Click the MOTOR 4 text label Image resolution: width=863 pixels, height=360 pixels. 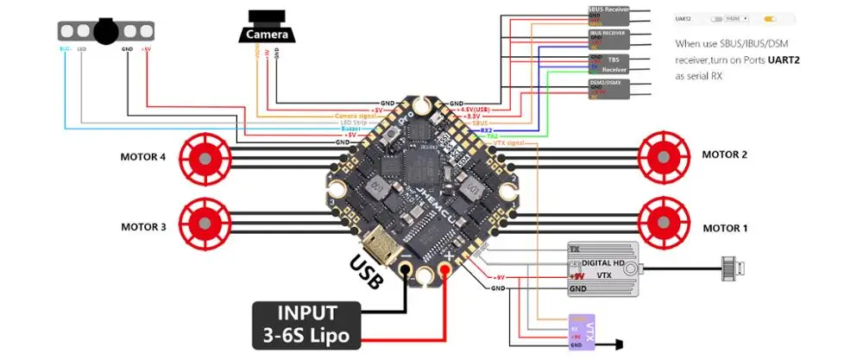pyautogui.click(x=146, y=157)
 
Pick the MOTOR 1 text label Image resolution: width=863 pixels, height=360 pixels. pyautogui.click(x=725, y=228)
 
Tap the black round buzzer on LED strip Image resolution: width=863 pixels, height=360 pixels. pyautogui.click(x=105, y=31)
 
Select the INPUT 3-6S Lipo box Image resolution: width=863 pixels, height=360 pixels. pyautogui.click(x=306, y=325)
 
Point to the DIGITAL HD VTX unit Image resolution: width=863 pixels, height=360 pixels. pyautogui.click(x=603, y=268)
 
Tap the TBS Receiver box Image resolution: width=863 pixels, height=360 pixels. pyautogui.click(x=608, y=64)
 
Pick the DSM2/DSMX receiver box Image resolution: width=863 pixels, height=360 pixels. pyautogui.click(x=608, y=88)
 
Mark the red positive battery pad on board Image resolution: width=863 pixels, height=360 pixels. pyautogui.click(x=447, y=273)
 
